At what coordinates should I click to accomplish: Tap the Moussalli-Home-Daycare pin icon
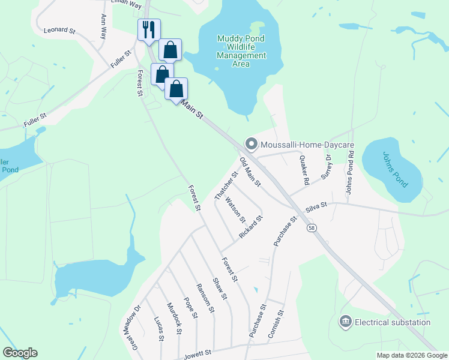[x=251, y=144]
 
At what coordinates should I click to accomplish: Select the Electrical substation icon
[x=345, y=322]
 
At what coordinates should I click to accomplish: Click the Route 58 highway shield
[x=311, y=228]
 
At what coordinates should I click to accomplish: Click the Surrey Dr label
[x=327, y=166]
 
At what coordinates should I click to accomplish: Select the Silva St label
[x=316, y=207]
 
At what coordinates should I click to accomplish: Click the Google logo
[x=20, y=353]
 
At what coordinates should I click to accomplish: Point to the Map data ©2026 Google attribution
[x=411, y=355]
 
